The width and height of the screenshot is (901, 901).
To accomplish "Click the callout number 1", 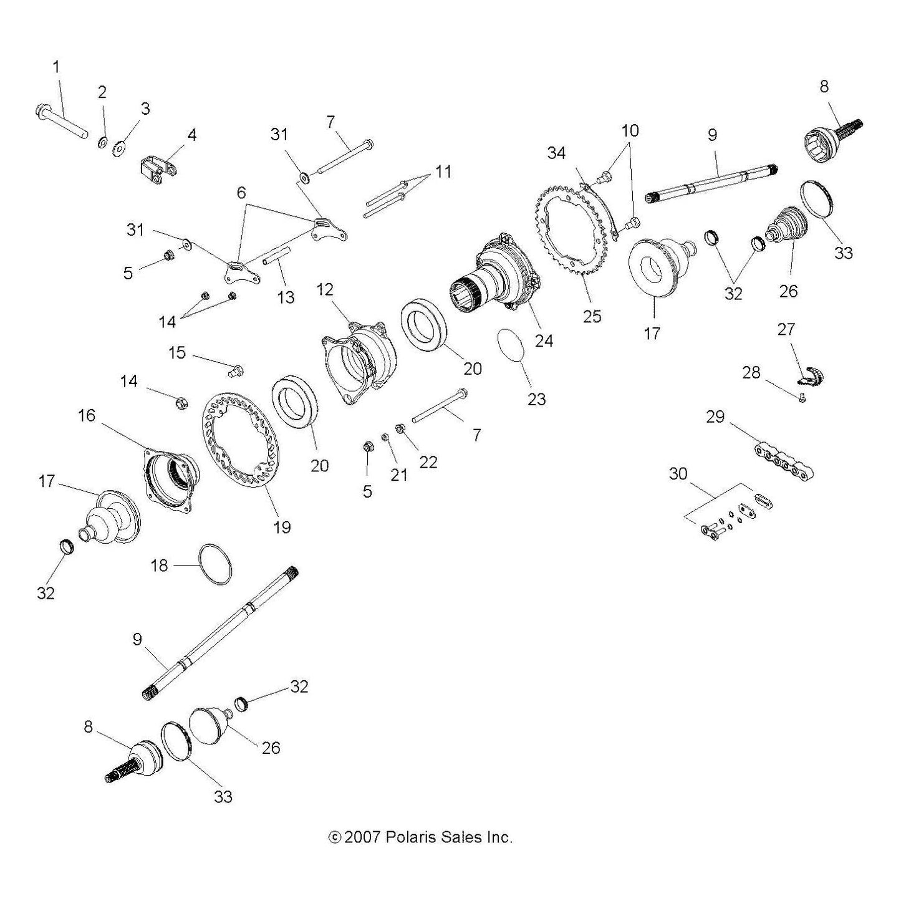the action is [56, 67].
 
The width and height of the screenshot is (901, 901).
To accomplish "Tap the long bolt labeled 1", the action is [61, 120].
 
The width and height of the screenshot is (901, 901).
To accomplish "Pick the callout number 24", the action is [543, 340].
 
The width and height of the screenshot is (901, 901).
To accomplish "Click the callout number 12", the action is [324, 290].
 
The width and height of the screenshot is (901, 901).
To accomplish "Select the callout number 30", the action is [678, 474].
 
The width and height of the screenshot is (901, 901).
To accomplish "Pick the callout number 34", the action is [556, 153].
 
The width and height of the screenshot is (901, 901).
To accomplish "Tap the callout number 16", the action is [87, 415].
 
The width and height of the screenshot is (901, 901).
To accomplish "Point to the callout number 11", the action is [443, 171].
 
